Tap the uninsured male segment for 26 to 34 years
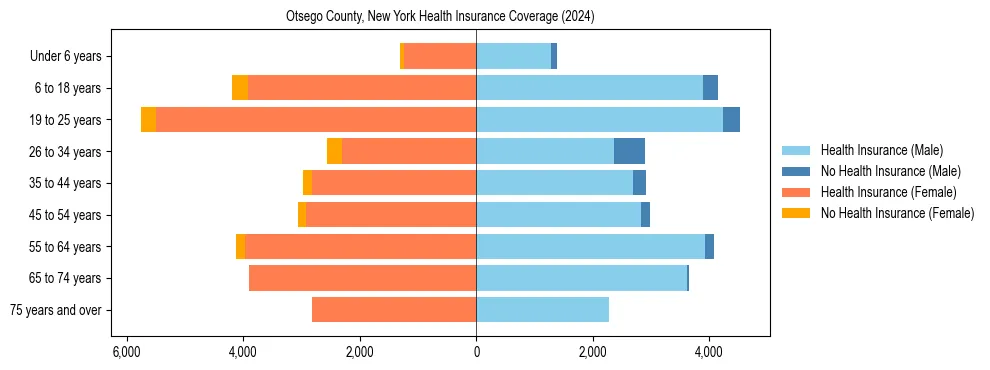click(x=629, y=151)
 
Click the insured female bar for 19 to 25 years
click(x=315, y=120)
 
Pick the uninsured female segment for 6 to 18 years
click(x=240, y=88)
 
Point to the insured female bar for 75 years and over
click(x=394, y=310)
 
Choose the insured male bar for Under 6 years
click(x=513, y=56)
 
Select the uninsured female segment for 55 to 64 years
click(x=240, y=247)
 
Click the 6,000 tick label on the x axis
click(x=126, y=352)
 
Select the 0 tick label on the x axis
click(x=476, y=352)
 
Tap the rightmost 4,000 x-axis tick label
click(x=709, y=352)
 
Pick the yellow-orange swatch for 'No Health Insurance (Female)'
click(x=796, y=213)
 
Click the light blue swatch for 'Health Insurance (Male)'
click(x=796, y=150)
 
